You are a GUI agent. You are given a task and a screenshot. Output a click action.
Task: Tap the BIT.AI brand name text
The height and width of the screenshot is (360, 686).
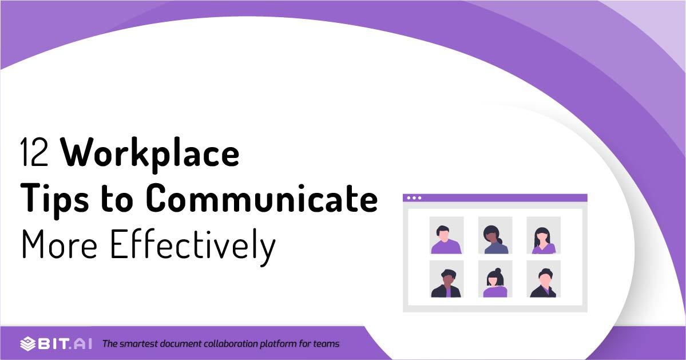[65, 344]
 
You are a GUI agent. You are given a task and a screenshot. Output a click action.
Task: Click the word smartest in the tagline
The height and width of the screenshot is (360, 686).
[140, 344]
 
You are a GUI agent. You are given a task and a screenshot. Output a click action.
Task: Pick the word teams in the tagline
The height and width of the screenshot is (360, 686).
[327, 344]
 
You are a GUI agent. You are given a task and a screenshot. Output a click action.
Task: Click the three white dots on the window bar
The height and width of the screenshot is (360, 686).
[414, 198]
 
